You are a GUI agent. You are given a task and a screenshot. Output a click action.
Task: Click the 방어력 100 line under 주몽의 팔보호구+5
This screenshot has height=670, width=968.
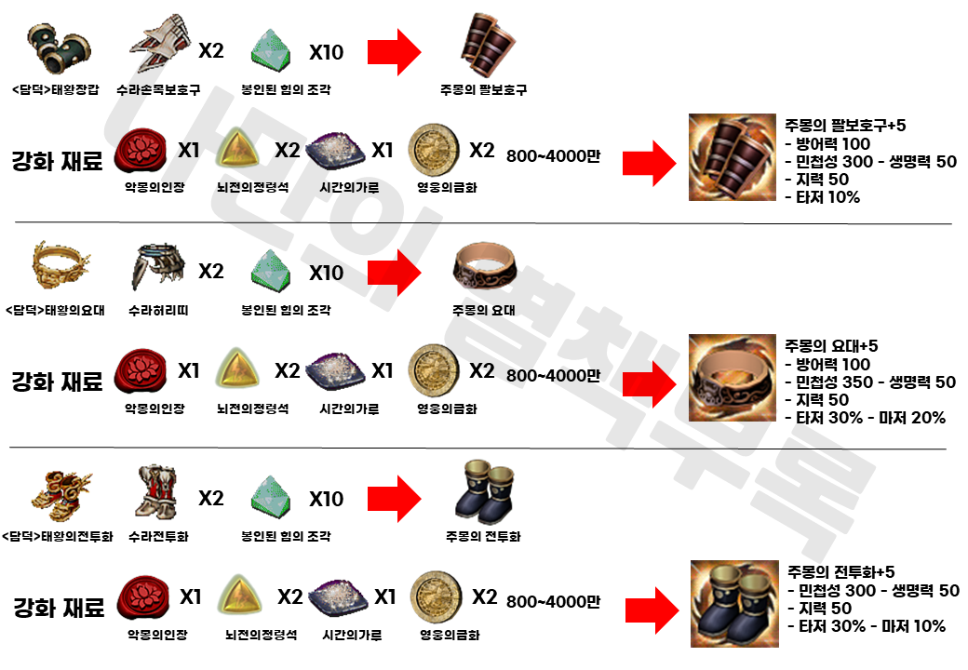tap(828, 143)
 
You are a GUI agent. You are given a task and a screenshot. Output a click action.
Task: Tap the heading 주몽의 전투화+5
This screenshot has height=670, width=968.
tap(841, 572)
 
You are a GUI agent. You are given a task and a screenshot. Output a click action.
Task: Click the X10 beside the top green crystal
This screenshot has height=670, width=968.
tap(326, 52)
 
